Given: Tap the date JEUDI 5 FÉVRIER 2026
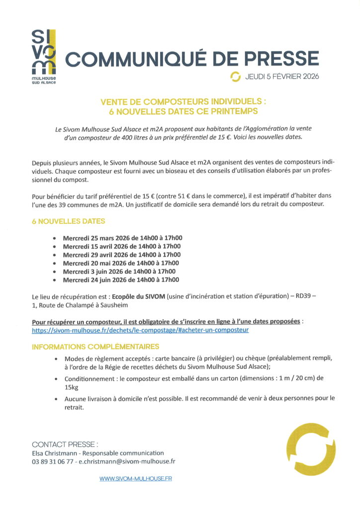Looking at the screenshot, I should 282,77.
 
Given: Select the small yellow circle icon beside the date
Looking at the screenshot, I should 235,77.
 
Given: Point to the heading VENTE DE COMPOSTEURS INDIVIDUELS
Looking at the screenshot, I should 183,101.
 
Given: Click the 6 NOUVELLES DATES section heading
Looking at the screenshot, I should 69,221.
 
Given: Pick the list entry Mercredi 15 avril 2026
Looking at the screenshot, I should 121,246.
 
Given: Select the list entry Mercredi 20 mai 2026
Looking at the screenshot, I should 121,263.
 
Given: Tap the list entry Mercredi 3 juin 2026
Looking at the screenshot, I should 119,271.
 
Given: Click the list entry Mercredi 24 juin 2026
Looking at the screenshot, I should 121,280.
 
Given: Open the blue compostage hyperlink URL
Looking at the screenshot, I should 140,330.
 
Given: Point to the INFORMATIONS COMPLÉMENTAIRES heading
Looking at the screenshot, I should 95,346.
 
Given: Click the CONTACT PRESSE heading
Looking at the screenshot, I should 65,444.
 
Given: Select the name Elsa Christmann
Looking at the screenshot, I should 55,453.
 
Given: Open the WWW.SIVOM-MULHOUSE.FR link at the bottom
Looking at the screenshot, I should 136,479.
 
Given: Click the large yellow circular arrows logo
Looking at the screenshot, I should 309,448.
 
